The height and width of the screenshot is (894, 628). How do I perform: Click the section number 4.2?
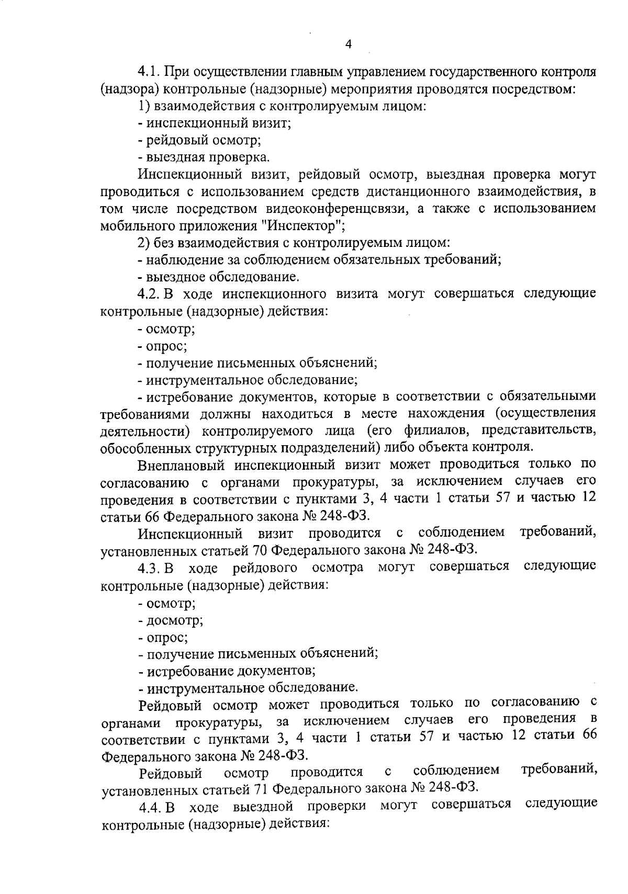click(149, 294)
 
